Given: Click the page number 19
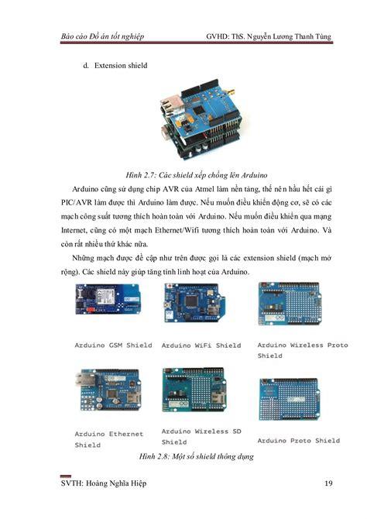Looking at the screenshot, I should (x=328, y=486).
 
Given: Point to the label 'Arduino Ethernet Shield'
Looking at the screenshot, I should (x=108, y=439).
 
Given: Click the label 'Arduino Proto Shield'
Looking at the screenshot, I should (x=298, y=440).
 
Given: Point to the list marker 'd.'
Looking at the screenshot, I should (x=85, y=66).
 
